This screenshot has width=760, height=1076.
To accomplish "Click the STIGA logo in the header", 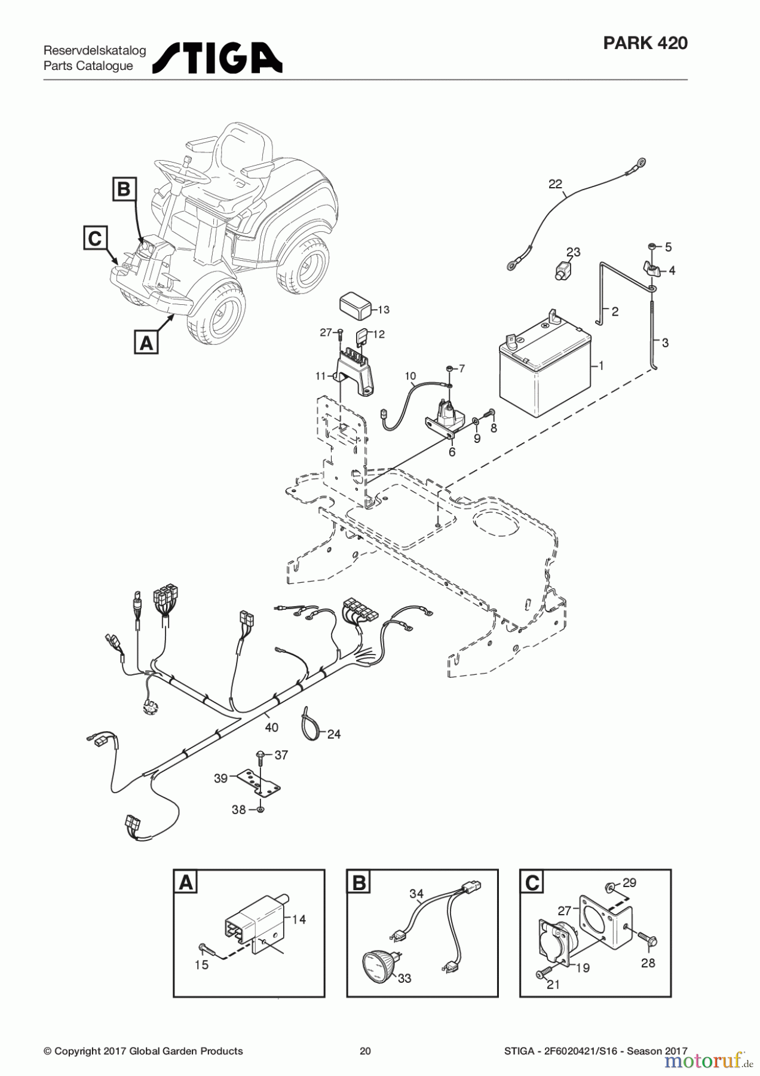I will (217, 58).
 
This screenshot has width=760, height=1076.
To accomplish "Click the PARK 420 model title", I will (645, 43).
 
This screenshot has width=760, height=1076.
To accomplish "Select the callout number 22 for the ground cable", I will (555, 184).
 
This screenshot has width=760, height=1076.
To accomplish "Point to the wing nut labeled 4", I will (651, 267).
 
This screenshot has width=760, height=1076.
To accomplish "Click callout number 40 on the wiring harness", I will (271, 727).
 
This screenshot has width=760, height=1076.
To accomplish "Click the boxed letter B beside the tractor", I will (124, 189).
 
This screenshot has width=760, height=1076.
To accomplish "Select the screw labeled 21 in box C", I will (541, 974).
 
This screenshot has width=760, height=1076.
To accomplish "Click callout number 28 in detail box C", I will (648, 963).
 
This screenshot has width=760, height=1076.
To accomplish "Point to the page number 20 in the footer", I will (365, 1051).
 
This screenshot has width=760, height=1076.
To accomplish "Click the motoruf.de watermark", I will (709, 1060).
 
